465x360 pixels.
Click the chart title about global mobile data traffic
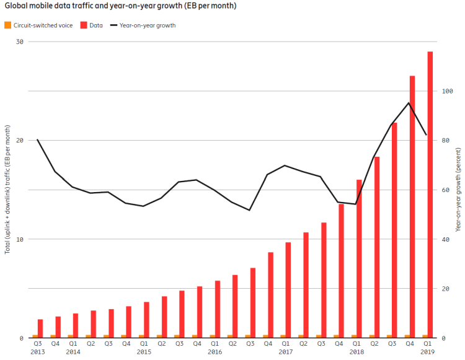(120, 6)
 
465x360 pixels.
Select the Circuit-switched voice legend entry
(38, 25)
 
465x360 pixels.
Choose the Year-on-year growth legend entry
(142, 25)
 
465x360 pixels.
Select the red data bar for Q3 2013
(40, 328)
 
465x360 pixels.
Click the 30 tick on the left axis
(19, 42)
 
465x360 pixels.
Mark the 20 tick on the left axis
(19, 141)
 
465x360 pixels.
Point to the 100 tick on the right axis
(447, 91)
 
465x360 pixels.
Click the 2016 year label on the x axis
(215, 352)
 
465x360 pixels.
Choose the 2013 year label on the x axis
(37, 352)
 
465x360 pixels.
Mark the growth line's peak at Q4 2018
(409, 103)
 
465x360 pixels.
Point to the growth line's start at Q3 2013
(38, 139)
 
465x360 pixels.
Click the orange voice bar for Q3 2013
(35, 336)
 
